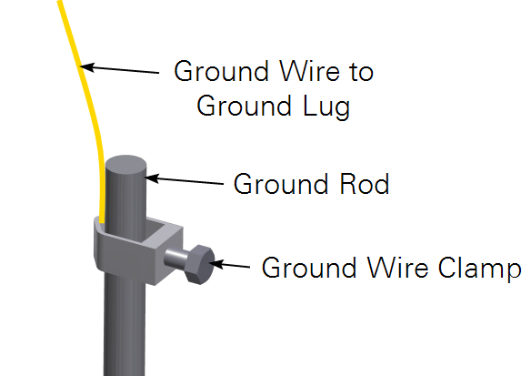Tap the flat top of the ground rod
pyautogui.click(x=125, y=164)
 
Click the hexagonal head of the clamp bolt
pyautogui.click(x=200, y=264)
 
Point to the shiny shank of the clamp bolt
pyautogui.click(x=175, y=259)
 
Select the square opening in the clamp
pyautogui.click(x=157, y=231)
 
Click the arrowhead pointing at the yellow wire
pyautogui.click(x=86, y=66)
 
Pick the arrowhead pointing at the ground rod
pyautogui.click(x=152, y=178)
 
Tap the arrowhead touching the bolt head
pyautogui.click(x=216, y=264)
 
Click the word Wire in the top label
pyautogui.click(x=309, y=71)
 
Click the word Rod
pyautogui.click(x=365, y=184)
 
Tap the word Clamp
pyautogui.click(x=479, y=269)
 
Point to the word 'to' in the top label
pyautogui.click(x=361, y=72)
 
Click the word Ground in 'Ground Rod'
pyautogui.click(x=280, y=184)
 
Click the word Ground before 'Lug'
pyautogui.click(x=244, y=106)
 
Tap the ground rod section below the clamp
pyautogui.click(x=125, y=326)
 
